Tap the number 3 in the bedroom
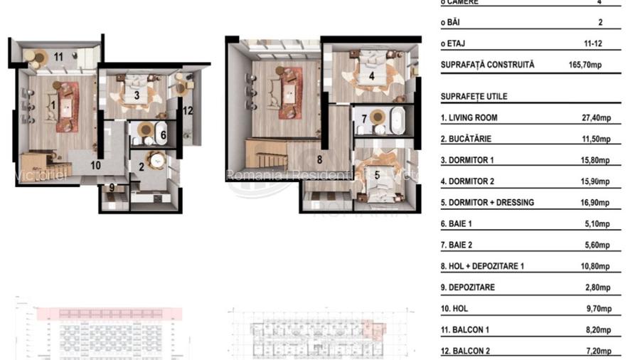tap(136, 95)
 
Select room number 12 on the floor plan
tap(188, 110)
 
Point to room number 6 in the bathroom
tap(163, 134)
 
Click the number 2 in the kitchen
tap(142, 166)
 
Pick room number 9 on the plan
tap(112, 188)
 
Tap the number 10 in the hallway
tap(95, 165)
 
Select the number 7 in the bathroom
tap(364, 119)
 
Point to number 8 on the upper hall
tap(320, 160)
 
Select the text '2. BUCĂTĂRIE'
tap(466, 139)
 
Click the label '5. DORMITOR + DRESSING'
tap(487, 203)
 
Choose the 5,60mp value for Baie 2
tap(599, 245)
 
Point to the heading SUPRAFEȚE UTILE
tap(474, 97)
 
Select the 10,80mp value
tap(597, 267)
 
